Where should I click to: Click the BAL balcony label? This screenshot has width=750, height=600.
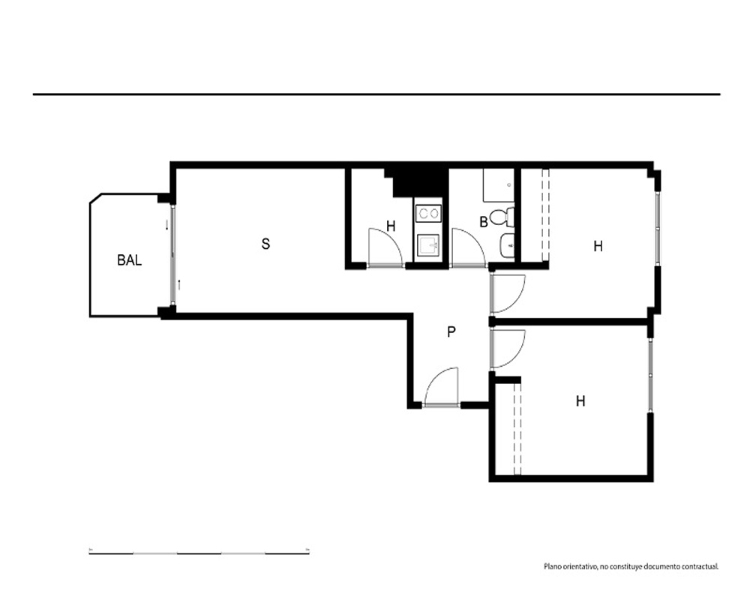pos(129,260)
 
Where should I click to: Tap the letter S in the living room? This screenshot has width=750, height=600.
pos(265,244)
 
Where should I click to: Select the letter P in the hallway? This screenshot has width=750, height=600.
pos(451,331)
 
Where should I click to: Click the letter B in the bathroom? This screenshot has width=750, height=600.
pos(484,222)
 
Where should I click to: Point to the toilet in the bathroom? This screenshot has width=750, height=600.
pos(502,217)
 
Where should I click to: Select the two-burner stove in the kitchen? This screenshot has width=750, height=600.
pos(428,214)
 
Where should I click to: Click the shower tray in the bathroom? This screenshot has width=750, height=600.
pos(498,185)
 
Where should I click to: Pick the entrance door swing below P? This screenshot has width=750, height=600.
pos(442,387)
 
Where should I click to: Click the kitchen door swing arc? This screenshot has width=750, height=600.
pos(386,247)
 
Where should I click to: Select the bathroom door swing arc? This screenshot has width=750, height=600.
pos(469,247)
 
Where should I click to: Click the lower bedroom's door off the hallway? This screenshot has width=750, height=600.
pos(508,349)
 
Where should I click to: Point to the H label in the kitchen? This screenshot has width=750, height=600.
pos(391,226)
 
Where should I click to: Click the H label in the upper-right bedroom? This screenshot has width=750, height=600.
pos(598,247)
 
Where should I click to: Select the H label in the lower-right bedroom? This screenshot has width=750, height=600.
pos(580,401)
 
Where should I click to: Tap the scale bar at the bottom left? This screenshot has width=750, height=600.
pos(199,553)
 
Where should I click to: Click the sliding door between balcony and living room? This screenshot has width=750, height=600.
pos(172,256)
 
